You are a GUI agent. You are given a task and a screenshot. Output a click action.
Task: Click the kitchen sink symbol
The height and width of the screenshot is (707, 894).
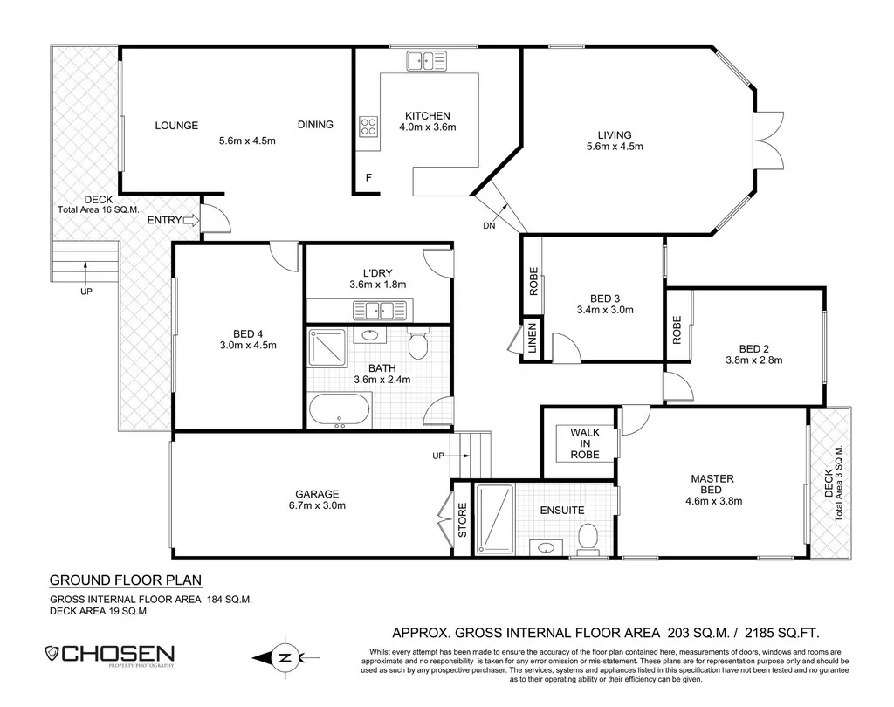pyautogui.click(x=425, y=60)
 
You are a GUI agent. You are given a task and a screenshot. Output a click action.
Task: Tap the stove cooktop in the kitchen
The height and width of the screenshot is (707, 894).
pyautogui.click(x=368, y=127)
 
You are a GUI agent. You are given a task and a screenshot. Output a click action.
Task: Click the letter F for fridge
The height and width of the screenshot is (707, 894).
pyautogui.click(x=369, y=178)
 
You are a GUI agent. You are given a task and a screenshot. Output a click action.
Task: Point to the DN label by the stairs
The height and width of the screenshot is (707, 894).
pyautogui.click(x=489, y=225)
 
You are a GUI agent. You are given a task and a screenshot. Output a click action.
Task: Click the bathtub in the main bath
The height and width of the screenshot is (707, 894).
pyautogui.click(x=340, y=410)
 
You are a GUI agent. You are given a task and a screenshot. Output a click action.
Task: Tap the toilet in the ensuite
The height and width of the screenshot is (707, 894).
pyautogui.click(x=588, y=536)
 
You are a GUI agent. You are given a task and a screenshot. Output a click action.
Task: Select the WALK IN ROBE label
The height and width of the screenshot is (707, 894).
pyautogui.click(x=584, y=443)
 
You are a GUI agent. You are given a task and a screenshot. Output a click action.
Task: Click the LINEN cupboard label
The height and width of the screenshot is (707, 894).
pyautogui.click(x=532, y=340)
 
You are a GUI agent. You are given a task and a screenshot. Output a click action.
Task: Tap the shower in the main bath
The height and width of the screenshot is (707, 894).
pyautogui.click(x=327, y=348)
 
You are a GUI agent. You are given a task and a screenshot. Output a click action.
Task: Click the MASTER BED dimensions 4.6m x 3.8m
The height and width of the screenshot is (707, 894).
pyautogui.click(x=712, y=501)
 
